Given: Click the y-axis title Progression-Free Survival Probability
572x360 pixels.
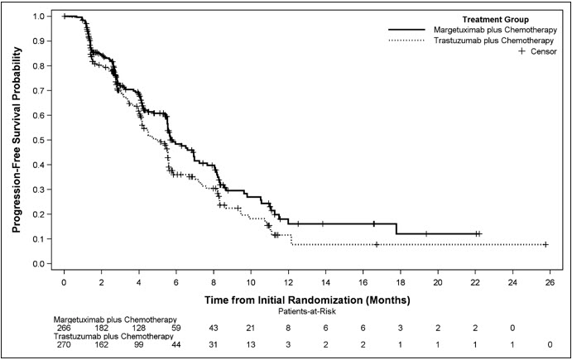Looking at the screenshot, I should point(17,139).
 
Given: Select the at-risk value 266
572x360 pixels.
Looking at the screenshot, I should point(64,329).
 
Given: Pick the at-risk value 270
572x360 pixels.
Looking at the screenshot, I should point(64,345).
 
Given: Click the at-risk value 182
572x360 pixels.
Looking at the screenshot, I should point(101,329).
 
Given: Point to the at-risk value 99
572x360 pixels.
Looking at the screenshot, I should point(138,345).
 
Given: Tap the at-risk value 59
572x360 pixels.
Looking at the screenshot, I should point(175,329).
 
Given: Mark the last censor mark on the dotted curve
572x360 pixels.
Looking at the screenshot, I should point(546,244).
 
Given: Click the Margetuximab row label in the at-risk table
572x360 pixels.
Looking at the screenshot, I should point(115,319).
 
